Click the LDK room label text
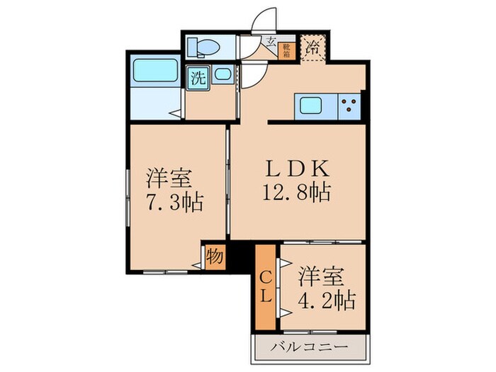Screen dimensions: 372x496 tap(297, 169)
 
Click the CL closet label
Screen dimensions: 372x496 tap(264, 287)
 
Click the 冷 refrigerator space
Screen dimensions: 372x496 tap(312, 50)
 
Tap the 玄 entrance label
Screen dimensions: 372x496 tap(271, 43)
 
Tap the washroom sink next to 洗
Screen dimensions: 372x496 tap(222, 74)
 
